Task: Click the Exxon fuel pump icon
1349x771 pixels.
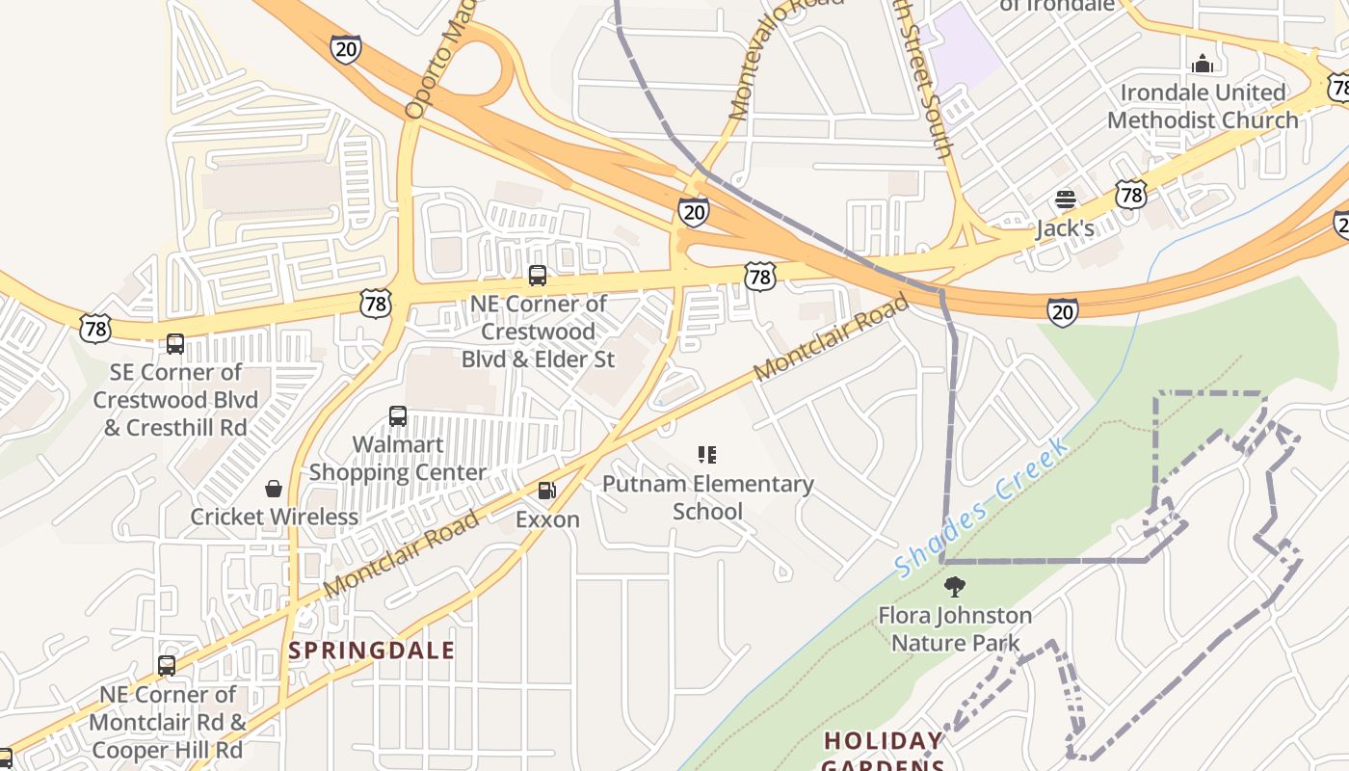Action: pyautogui.click(x=546, y=491)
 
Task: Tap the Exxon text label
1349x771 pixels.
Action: pyautogui.click(x=547, y=519)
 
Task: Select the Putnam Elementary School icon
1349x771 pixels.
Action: pyautogui.click(x=707, y=455)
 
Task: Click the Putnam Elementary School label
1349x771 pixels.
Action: pyautogui.click(x=707, y=497)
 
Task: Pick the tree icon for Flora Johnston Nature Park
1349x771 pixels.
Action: pyautogui.click(x=955, y=587)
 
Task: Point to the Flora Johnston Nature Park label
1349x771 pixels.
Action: pyautogui.click(x=955, y=628)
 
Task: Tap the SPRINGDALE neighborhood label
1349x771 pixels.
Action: pyautogui.click(x=371, y=651)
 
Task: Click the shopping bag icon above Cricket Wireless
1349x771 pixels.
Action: pyautogui.click(x=274, y=489)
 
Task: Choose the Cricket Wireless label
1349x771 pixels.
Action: pyautogui.click(x=274, y=517)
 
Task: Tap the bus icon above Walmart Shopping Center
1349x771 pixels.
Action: pyautogui.click(x=398, y=416)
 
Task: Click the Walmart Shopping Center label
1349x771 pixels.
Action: pyautogui.click(x=398, y=459)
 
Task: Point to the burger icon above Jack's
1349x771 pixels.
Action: pyautogui.click(x=1065, y=199)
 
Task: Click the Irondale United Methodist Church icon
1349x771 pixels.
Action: pyautogui.click(x=1203, y=65)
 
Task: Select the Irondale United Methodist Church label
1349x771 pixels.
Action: pyautogui.click(x=1203, y=106)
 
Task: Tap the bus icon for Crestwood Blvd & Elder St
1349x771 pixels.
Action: pyautogui.click(x=538, y=276)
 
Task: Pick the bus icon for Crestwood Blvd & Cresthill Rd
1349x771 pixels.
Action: pyautogui.click(x=175, y=344)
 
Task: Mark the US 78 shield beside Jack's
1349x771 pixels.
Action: pyautogui.click(x=1131, y=195)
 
